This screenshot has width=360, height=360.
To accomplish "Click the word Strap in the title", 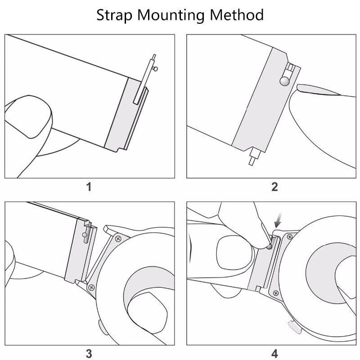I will click(115, 15).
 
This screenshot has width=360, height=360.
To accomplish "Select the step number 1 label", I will click(89, 187).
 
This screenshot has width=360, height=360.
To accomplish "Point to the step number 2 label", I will click(274, 187).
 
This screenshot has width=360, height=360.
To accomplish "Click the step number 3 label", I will click(89, 354).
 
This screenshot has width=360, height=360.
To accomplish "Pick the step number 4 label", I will click(274, 354).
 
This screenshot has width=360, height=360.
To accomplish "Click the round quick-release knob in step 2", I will click(284, 81).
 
